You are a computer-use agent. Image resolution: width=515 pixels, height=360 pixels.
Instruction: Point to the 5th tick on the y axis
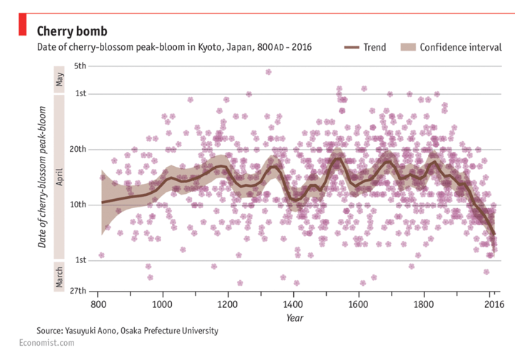(x=78, y=66)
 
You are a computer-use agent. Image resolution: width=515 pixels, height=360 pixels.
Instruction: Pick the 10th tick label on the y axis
(x=77, y=205)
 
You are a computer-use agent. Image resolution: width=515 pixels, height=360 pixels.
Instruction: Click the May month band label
(x=60, y=78)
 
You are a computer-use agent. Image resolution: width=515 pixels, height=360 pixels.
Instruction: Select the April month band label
(x=60, y=177)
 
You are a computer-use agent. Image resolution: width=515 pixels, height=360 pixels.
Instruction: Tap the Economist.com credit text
(x=46, y=343)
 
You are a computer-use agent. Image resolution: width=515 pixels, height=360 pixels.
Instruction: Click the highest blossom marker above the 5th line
(x=268, y=71)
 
